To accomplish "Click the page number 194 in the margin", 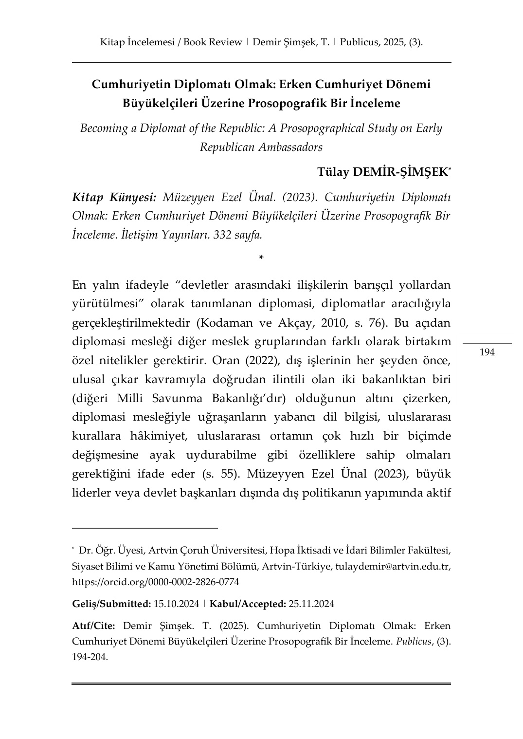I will coord(487,352).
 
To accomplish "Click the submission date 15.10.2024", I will coord(176,604).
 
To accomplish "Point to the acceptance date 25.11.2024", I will coord(311,604).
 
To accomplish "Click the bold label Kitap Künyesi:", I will coord(114,197).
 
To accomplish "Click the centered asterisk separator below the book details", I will coord(262,257).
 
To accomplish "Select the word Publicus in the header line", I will coord(360,42).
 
